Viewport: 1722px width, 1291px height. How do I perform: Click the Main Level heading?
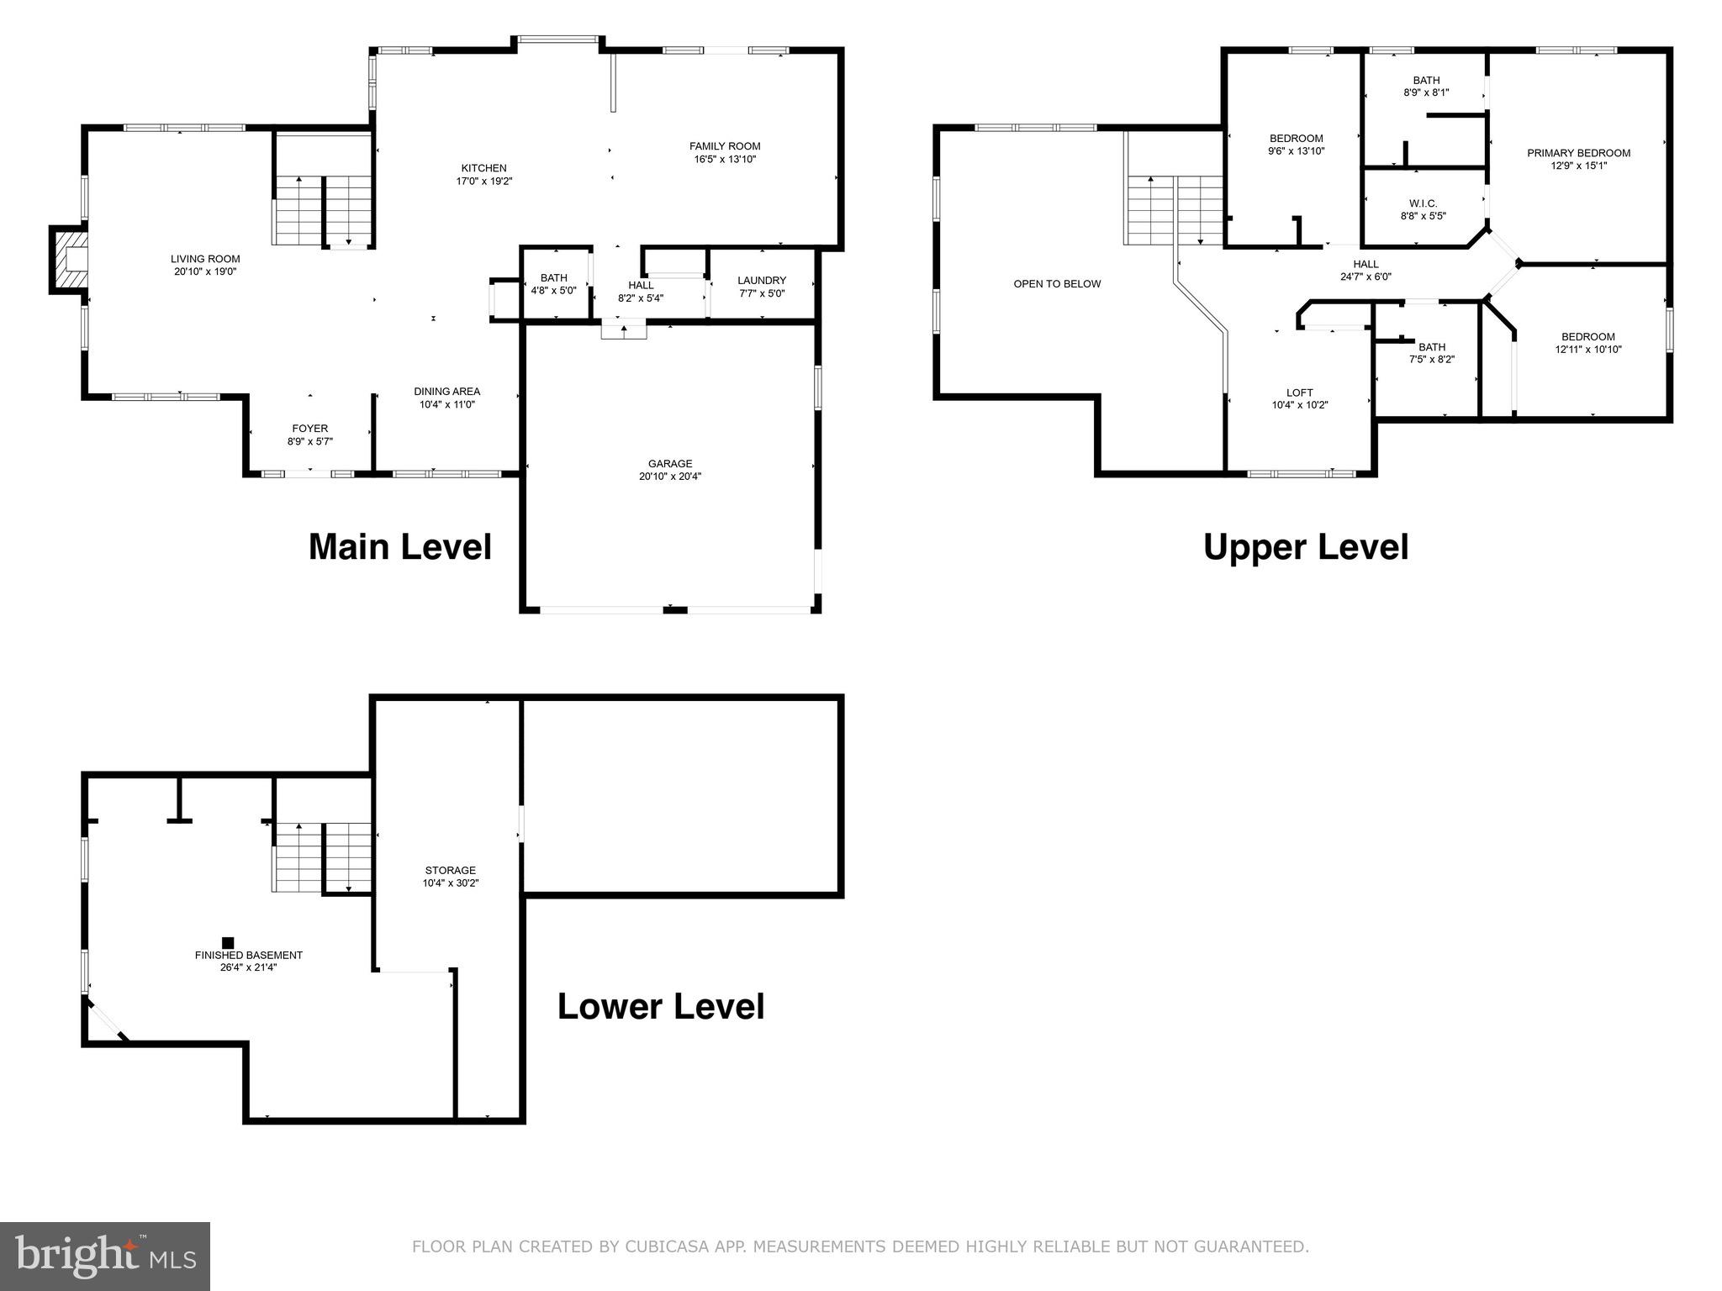pyautogui.click(x=399, y=547)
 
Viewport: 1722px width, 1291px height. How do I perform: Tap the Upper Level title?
pyautogui.click(x=1305, y=547)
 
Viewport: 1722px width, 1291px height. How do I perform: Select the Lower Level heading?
pyautogui.click(x=661, y=1007)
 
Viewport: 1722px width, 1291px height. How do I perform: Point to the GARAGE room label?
pyautogui.click(x=670, y=464)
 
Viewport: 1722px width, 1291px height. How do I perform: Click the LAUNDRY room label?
pyautogui.click(x=762, y=281)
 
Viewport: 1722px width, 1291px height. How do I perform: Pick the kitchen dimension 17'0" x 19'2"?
pyautogui.click(x=483, y=181)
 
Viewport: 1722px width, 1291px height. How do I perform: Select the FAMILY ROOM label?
pyautogui.click(x=725, y=146)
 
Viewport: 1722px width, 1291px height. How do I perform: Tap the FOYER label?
pyautogui.click(x=310, y=429)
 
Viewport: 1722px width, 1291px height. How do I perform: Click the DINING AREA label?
pyautogui.click(x=446, y=392)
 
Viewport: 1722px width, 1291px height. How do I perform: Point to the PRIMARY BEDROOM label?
pyautogui.click(x=1578, y=153)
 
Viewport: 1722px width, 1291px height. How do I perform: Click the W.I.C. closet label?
pyautogui.click(x=1423, y=203)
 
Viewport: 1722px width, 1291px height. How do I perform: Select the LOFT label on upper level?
pyautogui.click(x=1299, y=393)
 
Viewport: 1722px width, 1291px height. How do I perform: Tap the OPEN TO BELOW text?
pyautogui.click(x=1057, y=284)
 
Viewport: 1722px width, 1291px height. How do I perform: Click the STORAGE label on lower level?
pyautogui.click(x=450, y=871)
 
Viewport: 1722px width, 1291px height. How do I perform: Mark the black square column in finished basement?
pyautogui.click(x=228, y=943)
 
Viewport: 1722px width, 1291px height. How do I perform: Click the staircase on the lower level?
pyautogui.click(x=322, y=857)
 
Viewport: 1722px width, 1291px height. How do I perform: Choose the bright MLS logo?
pyautogui.click(x=105, y=1256)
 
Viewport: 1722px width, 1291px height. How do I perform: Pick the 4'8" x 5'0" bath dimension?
pyautogui.click(x=553, y=291)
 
